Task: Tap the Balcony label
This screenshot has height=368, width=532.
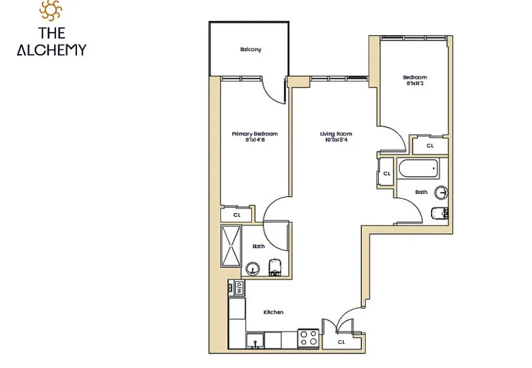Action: (251, 50)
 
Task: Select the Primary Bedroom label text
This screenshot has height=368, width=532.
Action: (254, 134)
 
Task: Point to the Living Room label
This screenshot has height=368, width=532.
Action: (336, 134)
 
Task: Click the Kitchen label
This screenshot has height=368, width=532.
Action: (273, 312)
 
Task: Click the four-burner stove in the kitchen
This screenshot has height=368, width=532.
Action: (308, 338)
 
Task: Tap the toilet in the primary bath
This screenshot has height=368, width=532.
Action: (275, 266)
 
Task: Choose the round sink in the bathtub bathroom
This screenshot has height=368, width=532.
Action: (441, 193)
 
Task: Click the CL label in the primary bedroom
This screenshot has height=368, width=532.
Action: (236, 215)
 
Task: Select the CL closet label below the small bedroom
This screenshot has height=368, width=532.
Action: (430, 146)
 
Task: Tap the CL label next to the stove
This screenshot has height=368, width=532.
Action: (341, 342)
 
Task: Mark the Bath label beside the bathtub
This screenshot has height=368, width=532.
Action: (421, 192)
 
